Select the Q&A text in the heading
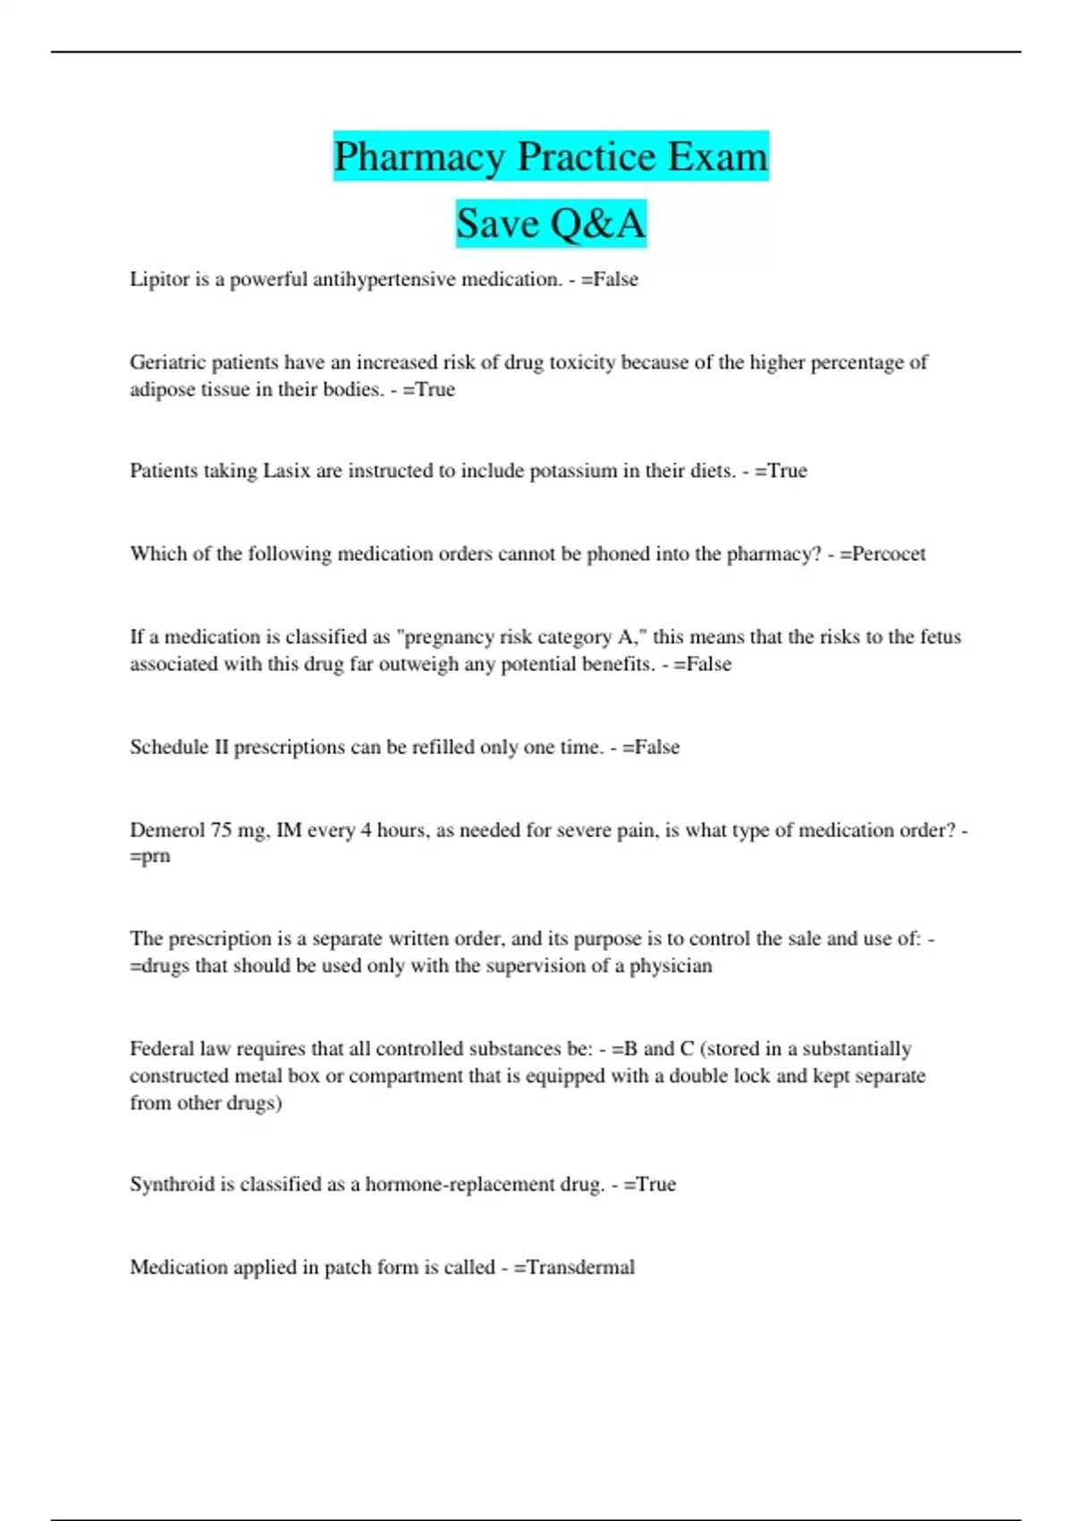[597, 224]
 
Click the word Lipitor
[159, 279]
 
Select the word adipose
[162, 390]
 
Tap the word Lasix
[286, 471]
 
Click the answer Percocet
[889, 554]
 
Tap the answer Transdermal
[580, 1268]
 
